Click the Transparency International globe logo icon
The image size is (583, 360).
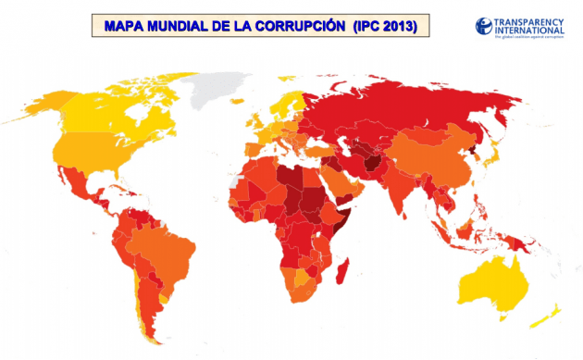484,26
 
